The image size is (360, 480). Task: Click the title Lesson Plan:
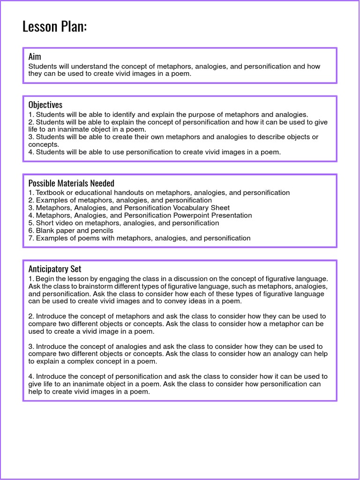pyautogui.click(x=54, y=27)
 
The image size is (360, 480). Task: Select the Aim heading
pyautogui.click(x=35, y=57)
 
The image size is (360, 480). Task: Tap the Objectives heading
pyautogui.click(x=45, y=105)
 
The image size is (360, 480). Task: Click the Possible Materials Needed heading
pyautogui.click(x=71, y=183)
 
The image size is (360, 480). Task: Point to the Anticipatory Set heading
pyautogui.click(x=54, y=269)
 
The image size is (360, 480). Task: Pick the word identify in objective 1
pyautogui.click(x=128, y=114)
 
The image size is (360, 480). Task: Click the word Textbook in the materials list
pyautogui.click(x=51, y=193)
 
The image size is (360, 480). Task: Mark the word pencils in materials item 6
pyautogui.click(x=101, y=231)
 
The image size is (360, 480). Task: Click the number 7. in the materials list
pyautogui.click(x=31, y=238)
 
